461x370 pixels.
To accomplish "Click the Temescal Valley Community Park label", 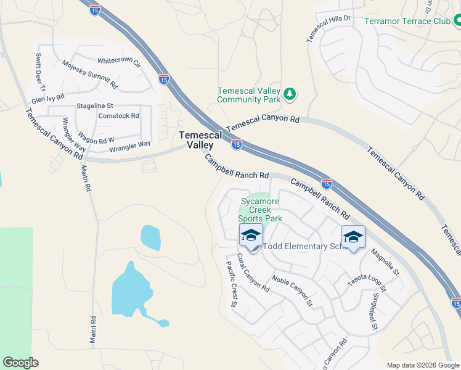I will point(249,94).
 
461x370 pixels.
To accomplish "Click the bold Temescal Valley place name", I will point(197,140).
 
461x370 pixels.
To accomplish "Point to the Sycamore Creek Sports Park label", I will point(261,210).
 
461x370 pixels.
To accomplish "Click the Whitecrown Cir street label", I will point(119,62).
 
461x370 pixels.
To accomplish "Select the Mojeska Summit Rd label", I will point(89,73).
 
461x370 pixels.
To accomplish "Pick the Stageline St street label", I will point(95,106).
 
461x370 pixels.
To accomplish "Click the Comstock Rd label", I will point(118,116).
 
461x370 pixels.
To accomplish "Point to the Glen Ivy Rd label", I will point(47,99).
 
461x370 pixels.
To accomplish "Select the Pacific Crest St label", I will point(232,283).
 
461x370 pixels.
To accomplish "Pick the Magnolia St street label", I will point(385,261).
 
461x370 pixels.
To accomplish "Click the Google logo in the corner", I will point(20,363).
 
